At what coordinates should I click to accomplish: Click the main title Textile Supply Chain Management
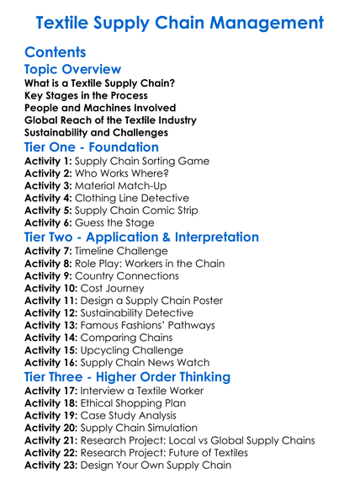(180, 22)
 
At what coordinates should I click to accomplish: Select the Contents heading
(56, 52)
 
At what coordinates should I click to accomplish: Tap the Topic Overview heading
(73, 69)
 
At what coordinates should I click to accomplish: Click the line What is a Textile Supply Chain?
(99, 83)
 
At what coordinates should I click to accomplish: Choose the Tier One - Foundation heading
(92, 147)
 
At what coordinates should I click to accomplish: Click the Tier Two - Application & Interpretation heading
(142, 237)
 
